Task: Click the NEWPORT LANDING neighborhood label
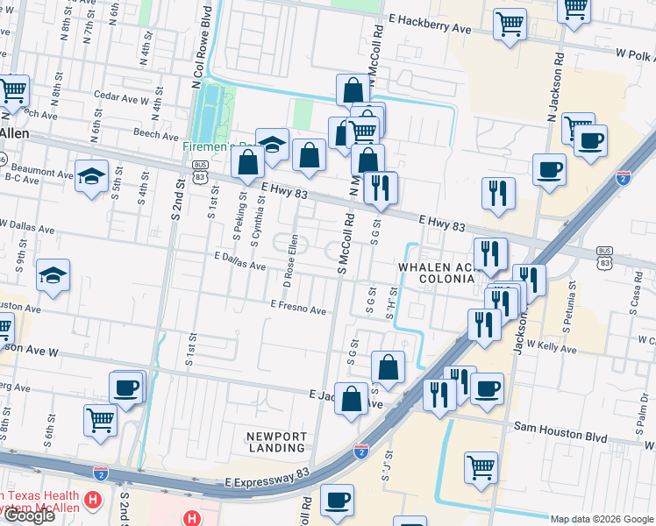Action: [x=276, y=442]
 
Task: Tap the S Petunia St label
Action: [x=569, y=308]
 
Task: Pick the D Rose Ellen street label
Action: [x=290, y=259]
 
